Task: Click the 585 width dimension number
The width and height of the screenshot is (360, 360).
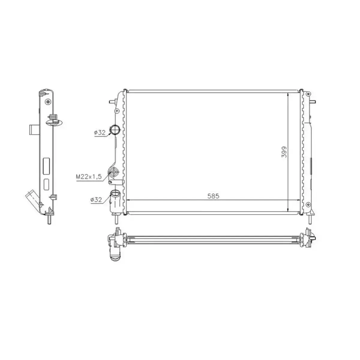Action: [214, 196]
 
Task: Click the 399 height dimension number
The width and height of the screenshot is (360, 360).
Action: [284, 152]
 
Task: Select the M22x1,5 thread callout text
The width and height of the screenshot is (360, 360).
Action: [89, 177]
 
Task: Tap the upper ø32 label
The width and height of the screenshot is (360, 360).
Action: [100, 133]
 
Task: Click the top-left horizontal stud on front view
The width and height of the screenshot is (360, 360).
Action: [112, 101]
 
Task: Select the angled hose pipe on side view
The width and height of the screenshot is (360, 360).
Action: [32, 198]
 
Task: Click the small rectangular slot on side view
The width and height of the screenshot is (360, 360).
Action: [47, 184]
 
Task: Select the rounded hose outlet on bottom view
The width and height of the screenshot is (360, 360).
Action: [115, 257]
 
